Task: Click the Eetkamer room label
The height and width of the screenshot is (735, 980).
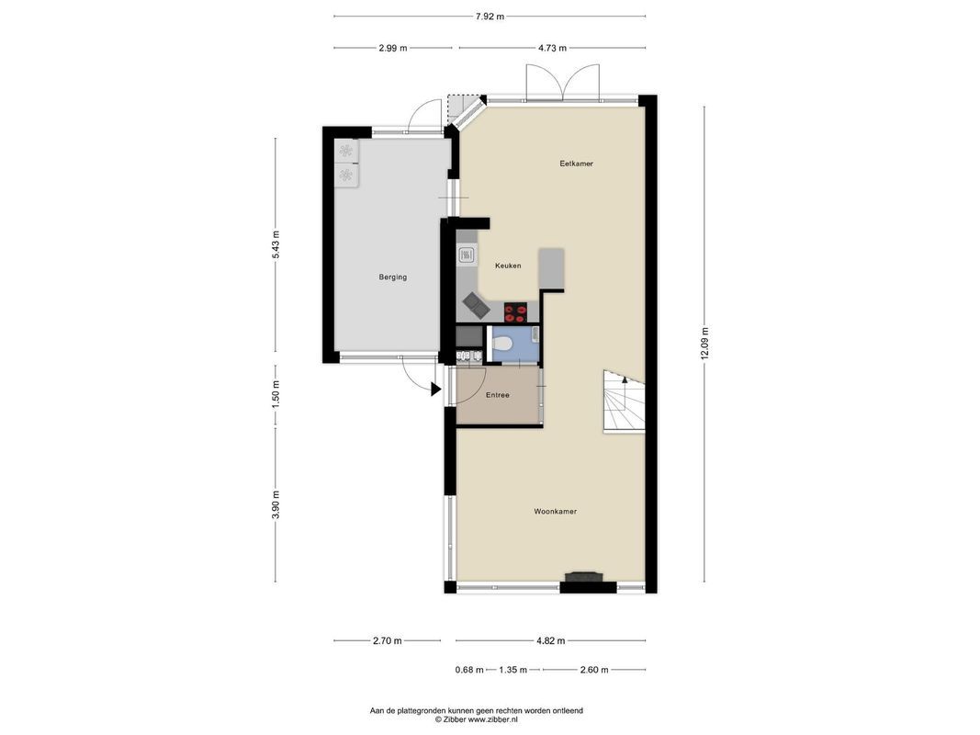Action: pos(576,164)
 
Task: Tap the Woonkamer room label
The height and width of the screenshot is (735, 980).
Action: pos(555,511)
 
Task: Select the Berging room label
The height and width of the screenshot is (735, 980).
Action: pos(392,277)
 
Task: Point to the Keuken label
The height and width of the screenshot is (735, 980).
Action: pos(508,266)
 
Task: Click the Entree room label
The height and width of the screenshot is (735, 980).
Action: pos(498,395)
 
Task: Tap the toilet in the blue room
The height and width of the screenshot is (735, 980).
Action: pos(501,343)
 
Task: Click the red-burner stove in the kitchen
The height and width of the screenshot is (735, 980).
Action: pos(515,312)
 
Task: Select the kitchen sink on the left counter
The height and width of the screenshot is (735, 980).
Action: pos(467,254)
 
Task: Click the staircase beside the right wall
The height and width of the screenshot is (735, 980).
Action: pos(624,401)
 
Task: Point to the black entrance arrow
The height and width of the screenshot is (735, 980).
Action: pos(435,390)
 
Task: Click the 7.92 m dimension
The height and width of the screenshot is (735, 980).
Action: pos(490,17)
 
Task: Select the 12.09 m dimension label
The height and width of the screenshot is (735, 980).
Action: pos(704,343)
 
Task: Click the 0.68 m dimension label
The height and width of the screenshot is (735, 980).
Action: pos(469,670)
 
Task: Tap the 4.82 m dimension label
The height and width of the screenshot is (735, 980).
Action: pos(551,640)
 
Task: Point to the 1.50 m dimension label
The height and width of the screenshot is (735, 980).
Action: pos(276,394)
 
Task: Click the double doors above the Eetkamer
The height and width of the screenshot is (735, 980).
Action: pos(562,82)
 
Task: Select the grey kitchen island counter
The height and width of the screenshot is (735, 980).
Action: pos(551,269)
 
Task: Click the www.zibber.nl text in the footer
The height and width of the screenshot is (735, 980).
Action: pos(492,720)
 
